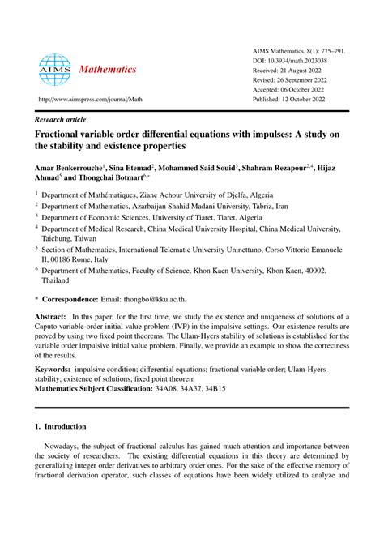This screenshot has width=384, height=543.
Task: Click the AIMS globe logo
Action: coord(54,70)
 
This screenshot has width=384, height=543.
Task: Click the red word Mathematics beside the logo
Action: coord(108,70)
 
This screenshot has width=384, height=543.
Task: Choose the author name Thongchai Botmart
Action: coord(107,178)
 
